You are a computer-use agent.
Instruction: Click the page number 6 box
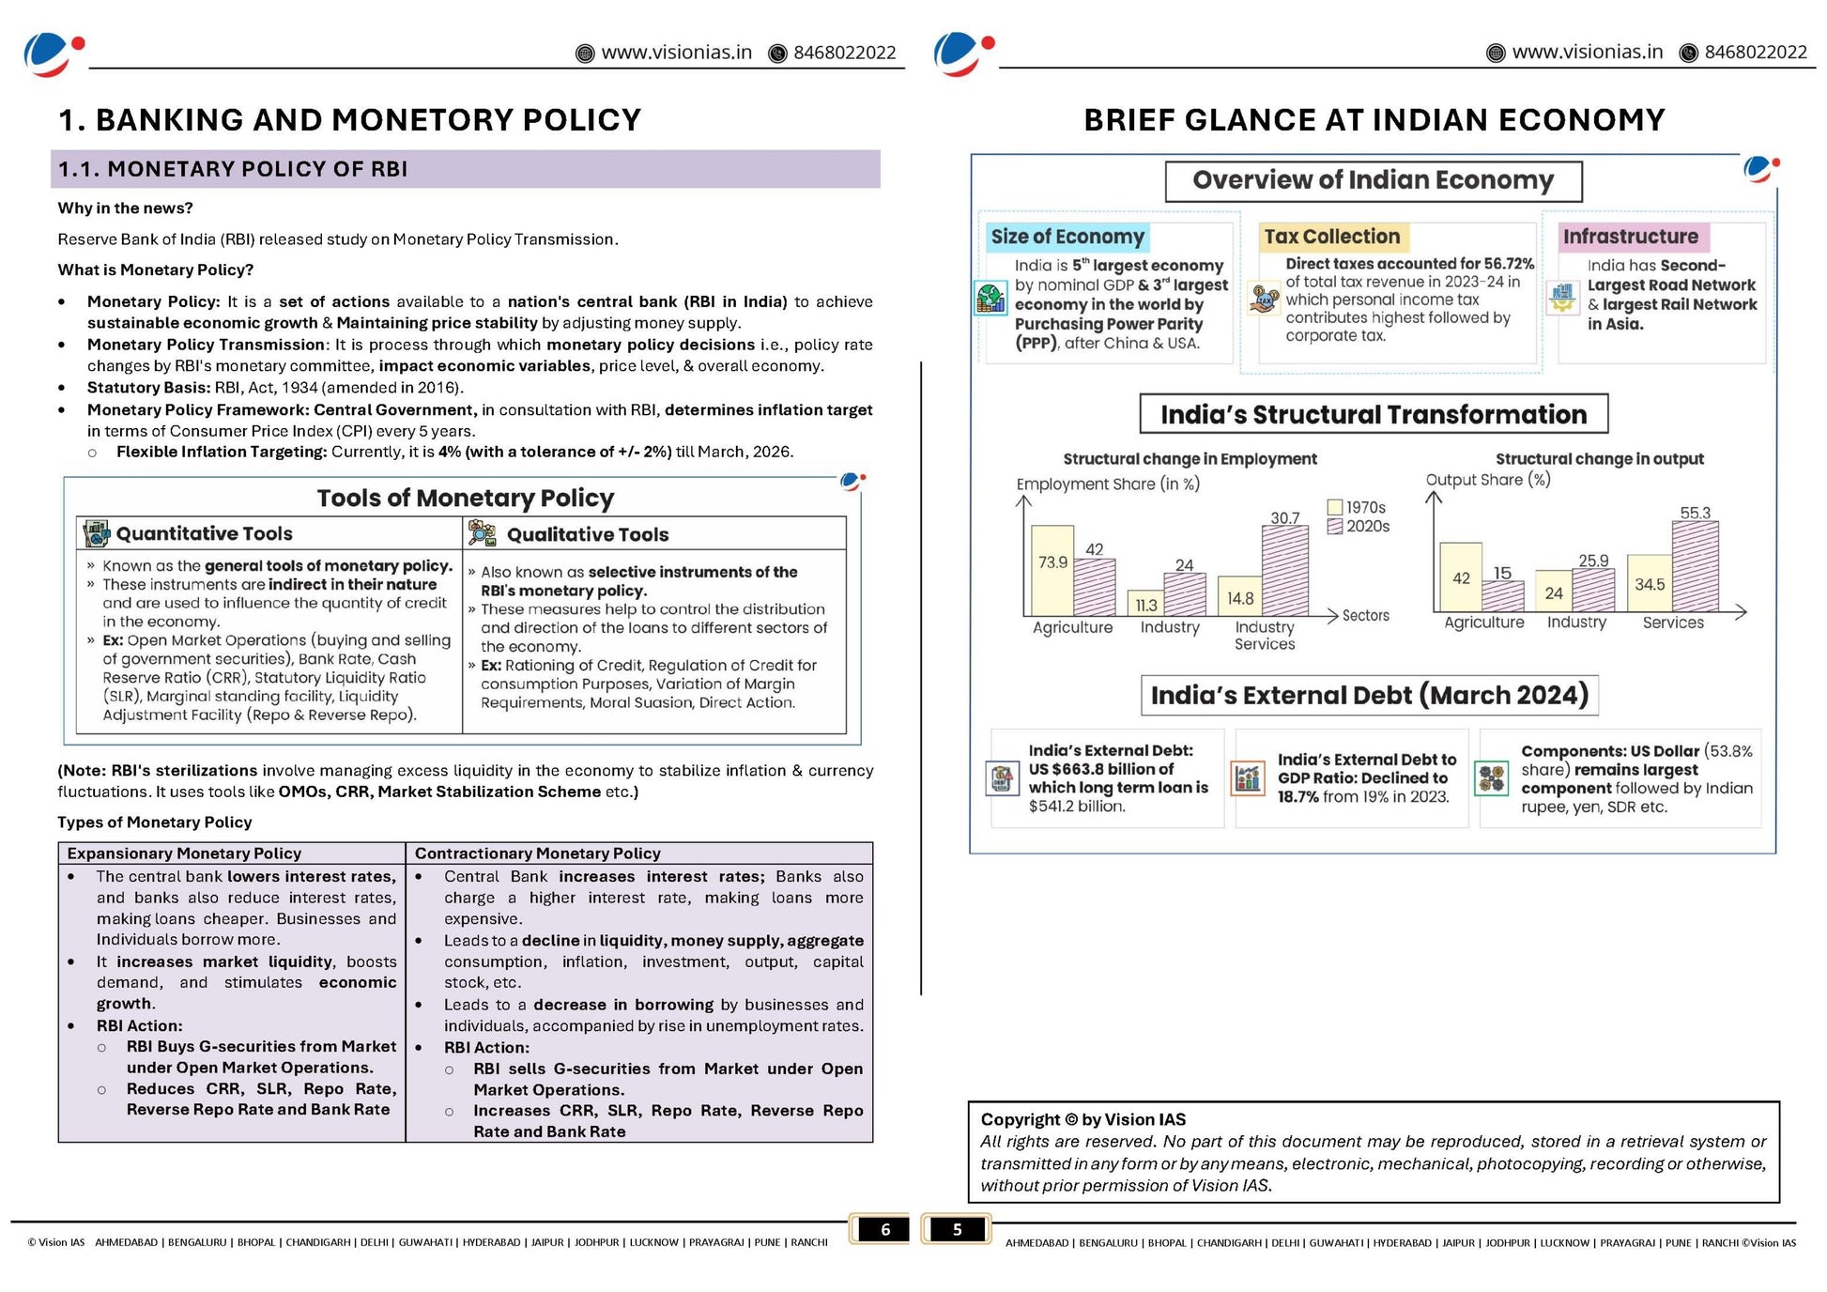coord(884,1229)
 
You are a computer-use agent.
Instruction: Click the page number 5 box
coord(957,1229)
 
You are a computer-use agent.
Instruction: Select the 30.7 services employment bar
coord(1284,570)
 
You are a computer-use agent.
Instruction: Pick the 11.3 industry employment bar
coord(1144,603)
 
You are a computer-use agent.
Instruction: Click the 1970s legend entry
coord(1357,507)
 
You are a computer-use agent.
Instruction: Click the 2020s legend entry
coord(1359,527)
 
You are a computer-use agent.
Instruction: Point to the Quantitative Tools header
coord(204,533)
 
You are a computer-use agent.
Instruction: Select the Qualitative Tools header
coord(588,534)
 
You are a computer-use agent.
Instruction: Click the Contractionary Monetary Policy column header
coord(537,853)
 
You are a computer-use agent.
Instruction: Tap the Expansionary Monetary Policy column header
coord(184,853)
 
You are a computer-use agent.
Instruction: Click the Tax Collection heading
coord(1331,237)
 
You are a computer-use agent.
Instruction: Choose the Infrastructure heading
coord(1630,237)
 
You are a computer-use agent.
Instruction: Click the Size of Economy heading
coord(1067,237)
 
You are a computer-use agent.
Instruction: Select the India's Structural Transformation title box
coord(1373,414)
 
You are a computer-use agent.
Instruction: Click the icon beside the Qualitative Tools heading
coord(482,533)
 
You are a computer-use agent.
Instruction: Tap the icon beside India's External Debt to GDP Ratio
coord(1248,777)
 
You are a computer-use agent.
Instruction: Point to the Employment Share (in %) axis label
coord(1108,484)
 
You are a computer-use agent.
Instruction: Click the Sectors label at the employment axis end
coord(1365,615)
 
